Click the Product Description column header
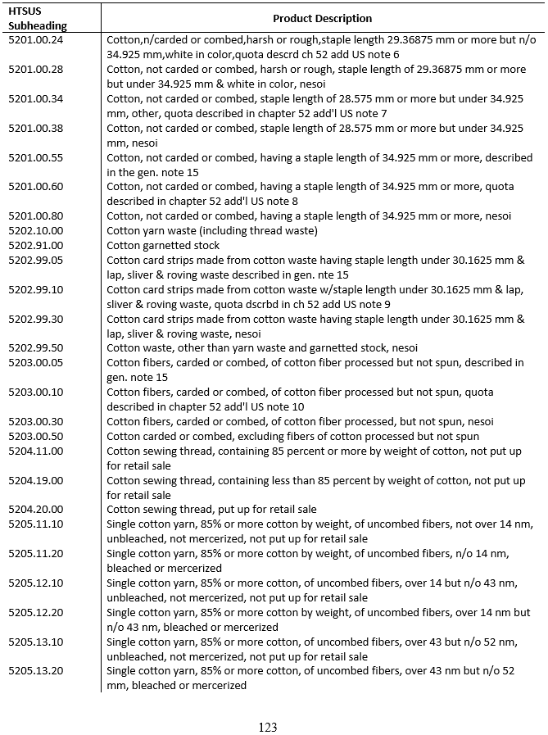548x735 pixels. coord(322,18)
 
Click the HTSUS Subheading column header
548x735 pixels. coord(32,18)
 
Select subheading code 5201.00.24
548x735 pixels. coord(36,39)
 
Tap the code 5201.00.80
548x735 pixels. coord(36,216)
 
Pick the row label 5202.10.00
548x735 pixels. coord(36,231)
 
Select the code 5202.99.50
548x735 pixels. coord(36,348)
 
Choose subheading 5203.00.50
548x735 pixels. coord(36,437)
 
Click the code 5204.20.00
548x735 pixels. coord(36,510)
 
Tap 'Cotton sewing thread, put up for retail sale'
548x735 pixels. coord(211,510)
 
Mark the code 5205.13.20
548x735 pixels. coord(36,671)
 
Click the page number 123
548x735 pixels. coord(267,727)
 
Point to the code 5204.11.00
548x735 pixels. coord(36,451)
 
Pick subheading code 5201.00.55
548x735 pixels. coord(36,157)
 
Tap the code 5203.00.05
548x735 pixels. coord(36,363)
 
